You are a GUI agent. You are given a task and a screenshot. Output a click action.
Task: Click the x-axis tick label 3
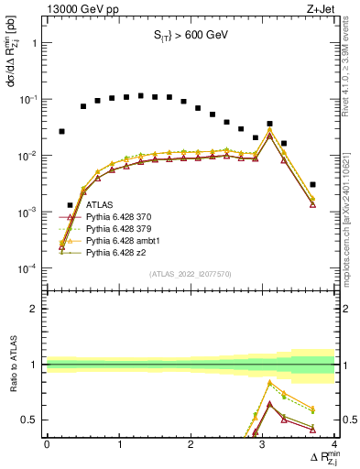(x=263, y=444)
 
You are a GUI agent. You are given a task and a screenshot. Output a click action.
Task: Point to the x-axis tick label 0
(x=47, y=444)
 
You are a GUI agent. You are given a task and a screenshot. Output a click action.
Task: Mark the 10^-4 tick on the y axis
(x=26, y=268)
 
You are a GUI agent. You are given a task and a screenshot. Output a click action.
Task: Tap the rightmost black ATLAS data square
(x=313, y=184)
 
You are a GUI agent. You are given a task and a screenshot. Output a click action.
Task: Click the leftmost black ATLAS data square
(x=61, y=131)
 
